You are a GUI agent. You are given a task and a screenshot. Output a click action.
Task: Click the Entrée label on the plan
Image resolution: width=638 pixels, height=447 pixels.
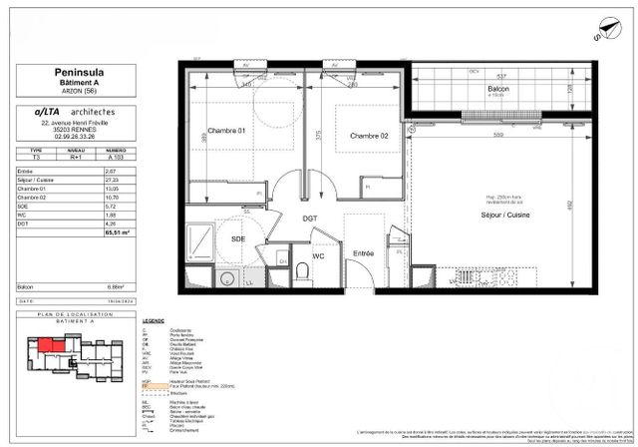pos(364,253)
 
